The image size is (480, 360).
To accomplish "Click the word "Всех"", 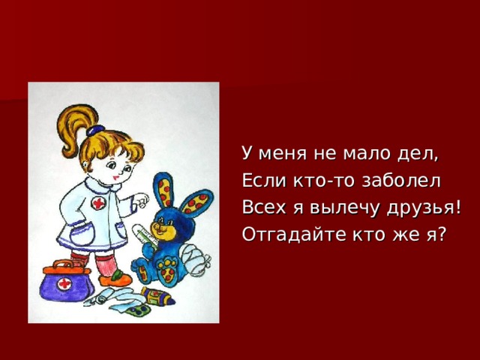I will [259, 208].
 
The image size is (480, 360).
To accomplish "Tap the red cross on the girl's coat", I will [98, 204].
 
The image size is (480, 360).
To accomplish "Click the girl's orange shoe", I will [115, 279].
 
